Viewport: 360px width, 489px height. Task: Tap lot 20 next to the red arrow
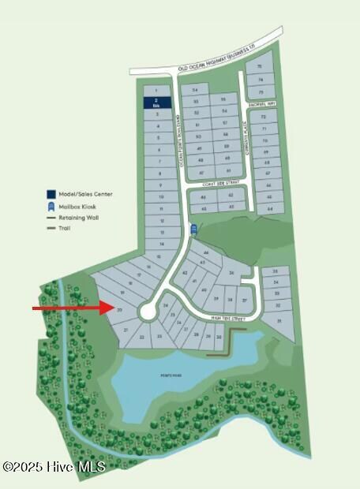point(119,311)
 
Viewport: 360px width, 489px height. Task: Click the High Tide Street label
point(229,319)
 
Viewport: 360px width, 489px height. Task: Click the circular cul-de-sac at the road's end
point(148,312)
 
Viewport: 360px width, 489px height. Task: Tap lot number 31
point(277,321)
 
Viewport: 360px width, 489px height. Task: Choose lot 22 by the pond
point(142,337)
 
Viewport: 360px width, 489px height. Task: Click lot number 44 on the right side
point(271,208)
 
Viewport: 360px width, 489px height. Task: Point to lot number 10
point(159,196)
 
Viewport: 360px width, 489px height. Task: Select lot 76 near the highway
point(260,68)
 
